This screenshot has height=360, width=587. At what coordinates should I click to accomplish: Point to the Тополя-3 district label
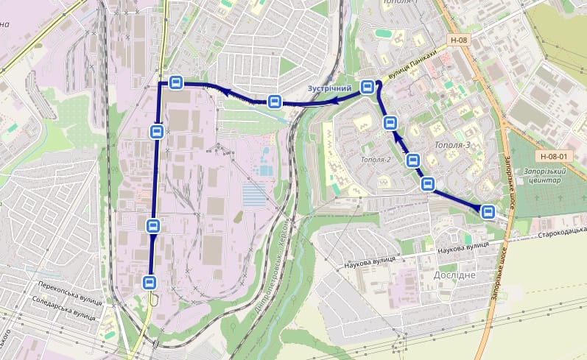pyautogui.click(x=452, y=144)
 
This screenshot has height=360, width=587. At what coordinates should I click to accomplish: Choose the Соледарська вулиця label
pyautogui.click(x=64, y=308)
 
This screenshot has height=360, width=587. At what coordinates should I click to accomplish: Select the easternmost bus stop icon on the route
pyautogui.click(x=487, y=212)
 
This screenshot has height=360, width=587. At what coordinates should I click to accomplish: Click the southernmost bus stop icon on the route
pyautogui.click(x=150, y=281)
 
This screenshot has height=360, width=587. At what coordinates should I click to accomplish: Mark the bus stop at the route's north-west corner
pyautogui.click(x=175, y=82)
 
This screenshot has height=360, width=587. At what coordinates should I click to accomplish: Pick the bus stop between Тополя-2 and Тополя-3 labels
pyautogui.click(x=413, y=159)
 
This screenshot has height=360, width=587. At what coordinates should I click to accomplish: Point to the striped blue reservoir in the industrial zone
pyautogui.click(x=255, y=195)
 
